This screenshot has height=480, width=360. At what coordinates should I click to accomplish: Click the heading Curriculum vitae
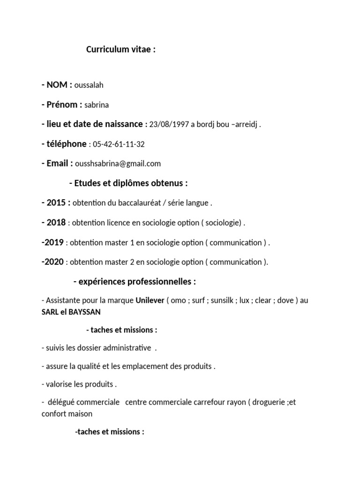click(120, 50)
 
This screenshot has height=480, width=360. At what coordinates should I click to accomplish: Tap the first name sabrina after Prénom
click(97, 105)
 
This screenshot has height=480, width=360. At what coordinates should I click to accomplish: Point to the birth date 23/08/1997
click(169, 125)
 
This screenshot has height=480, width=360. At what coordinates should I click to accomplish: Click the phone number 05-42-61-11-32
click(119, 144)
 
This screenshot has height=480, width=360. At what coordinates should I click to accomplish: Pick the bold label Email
click(60, 164)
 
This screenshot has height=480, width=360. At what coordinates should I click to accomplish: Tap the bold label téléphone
click(66, 144)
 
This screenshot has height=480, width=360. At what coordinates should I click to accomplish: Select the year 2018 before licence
click(57, 223)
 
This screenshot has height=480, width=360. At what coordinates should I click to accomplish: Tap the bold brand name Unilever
click(150, 300)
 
